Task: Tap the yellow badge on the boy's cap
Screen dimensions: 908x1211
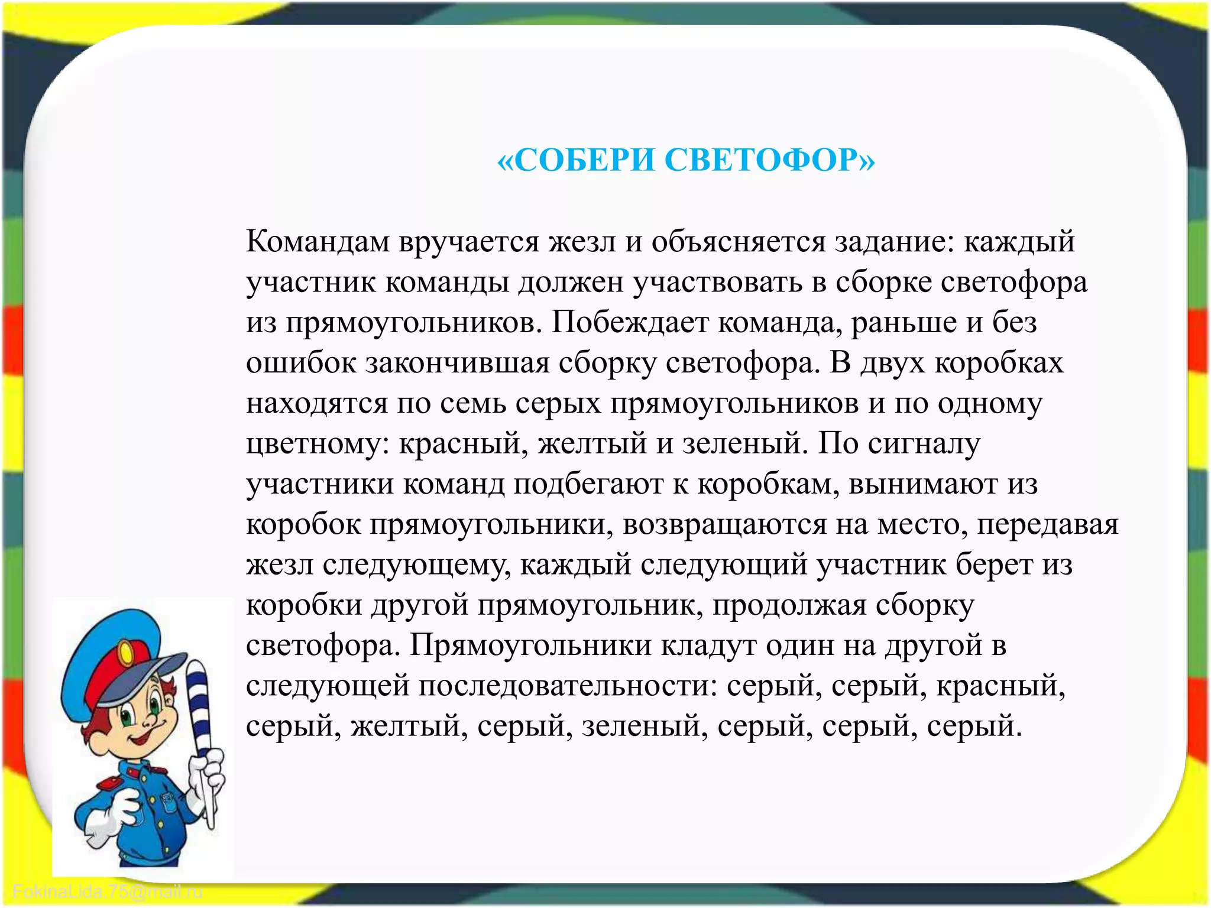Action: pos(126,654)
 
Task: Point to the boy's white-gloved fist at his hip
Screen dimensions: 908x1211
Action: pos(118,810)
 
